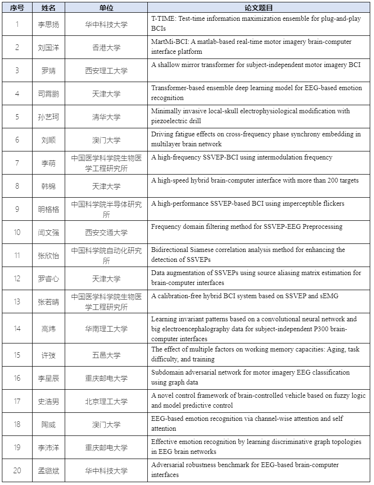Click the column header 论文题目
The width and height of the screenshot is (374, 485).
259,8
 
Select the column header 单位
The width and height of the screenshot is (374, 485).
106,8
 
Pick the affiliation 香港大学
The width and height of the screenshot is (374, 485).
106,47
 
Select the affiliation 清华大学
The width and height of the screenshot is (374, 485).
106,117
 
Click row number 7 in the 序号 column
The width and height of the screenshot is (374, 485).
17,163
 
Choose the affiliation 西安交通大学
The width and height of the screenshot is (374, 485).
106,232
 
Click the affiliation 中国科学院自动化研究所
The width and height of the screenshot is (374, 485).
106,255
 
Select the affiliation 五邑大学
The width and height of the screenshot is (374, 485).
106,355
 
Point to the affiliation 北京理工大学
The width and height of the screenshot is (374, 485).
106,401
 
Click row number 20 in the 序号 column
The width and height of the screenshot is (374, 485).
17,470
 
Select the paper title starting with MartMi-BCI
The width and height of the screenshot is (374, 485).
251,47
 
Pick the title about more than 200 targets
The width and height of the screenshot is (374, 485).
255,180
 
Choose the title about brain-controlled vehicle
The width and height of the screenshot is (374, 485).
258,401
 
